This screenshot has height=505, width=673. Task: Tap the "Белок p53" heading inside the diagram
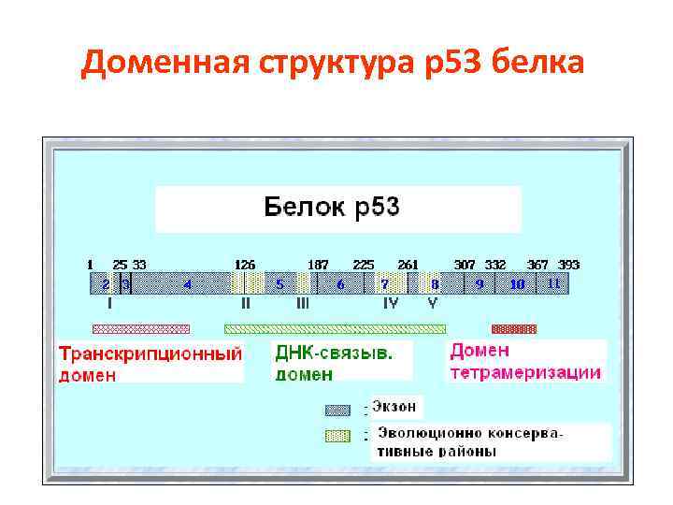click(x=333, y=207)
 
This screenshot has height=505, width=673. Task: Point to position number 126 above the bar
click(x=245, y=265)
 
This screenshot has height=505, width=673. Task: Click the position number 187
click(x=319, y=265)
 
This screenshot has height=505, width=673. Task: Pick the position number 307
click(x=464, y=265)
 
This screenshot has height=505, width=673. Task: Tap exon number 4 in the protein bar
click(x=187, y=283)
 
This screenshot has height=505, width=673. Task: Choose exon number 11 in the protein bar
click(x=553, y=282)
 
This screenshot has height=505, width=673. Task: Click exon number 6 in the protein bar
click(x=340, y=283)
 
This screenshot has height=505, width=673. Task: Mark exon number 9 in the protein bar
click(x=480, y=283)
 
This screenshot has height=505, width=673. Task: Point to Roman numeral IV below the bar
click(x=391, y=303)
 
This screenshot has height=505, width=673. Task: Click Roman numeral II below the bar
click(x=245, y=303)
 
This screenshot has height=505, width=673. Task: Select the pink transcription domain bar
click(x=140, y=328)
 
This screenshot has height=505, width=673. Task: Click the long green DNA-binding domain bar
click(x=335, y=328)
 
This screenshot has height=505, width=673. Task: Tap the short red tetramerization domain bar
click(x=514, y=328)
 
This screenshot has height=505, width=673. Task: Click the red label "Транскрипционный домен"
click(x=150, y=364)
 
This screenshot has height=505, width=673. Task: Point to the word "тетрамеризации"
click(x=525, y=372)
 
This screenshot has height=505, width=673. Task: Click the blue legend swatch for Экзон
click(x=336, y=409)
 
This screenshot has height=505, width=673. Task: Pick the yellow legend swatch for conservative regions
click(x=336, y=435)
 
